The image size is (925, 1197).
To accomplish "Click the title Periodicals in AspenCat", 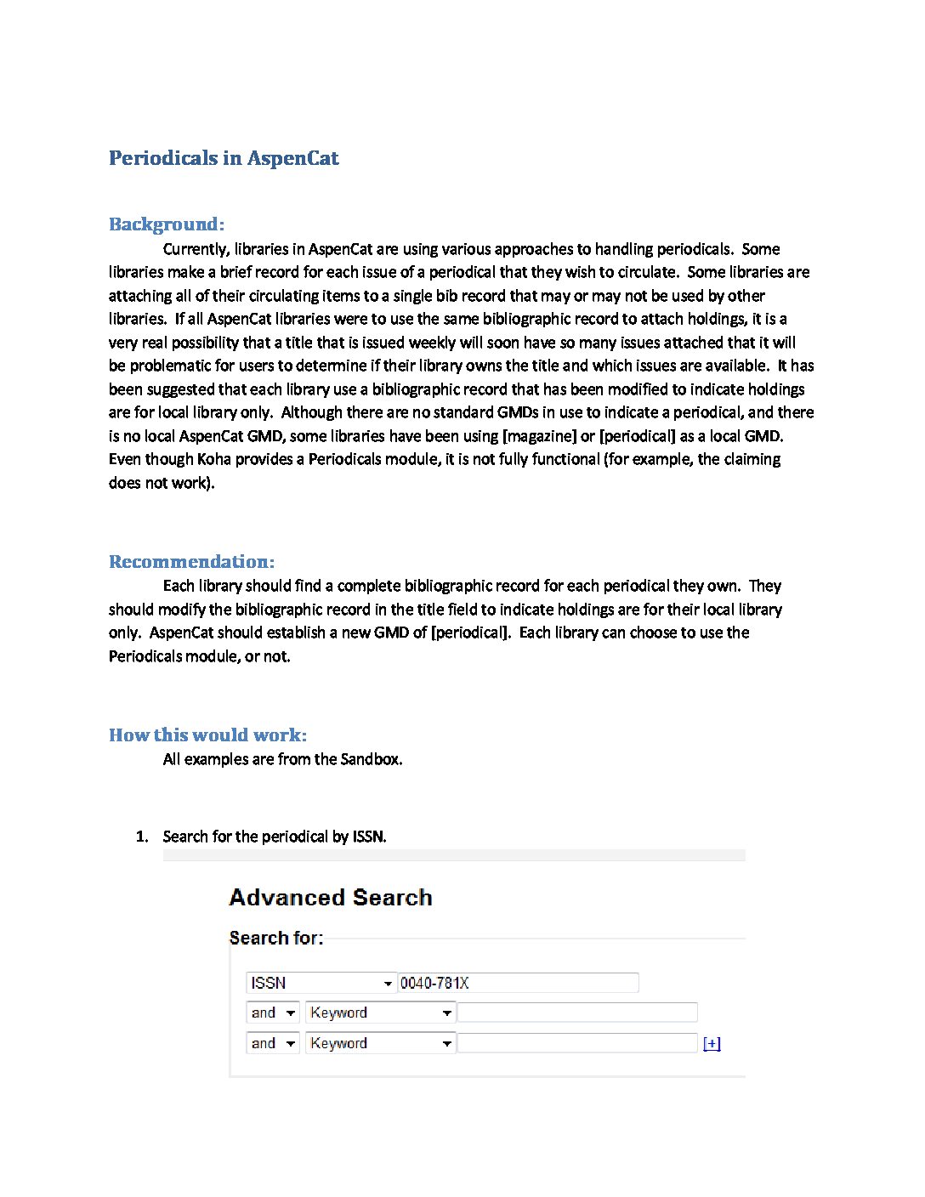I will tap(224, 158).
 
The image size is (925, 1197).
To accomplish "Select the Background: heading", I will tap(167, 224).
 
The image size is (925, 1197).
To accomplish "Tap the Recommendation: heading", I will tap(191, 562).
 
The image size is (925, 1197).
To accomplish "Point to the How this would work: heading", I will tap(207, 735).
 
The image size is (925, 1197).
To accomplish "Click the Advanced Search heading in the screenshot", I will tap(331, 898).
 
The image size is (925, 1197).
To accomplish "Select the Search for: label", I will tap(276, 939).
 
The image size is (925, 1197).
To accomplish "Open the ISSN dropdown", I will tap(321, 984).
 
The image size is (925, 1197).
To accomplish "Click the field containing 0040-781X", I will tap(518, 984).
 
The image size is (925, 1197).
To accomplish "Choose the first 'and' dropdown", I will tap(273, 1013).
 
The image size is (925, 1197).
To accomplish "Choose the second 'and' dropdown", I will tap(273, 1044).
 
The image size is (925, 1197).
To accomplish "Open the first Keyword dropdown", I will tap(380, 1013).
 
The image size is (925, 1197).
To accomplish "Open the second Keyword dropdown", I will tap(380, 1044).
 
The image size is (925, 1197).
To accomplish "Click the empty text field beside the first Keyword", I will tap(577, 1013).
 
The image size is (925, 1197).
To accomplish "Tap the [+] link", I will tap(712, 1044).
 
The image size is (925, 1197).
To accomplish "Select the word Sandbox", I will tap(371, 759).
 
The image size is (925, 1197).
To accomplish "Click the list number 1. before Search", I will tap(142, 837).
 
